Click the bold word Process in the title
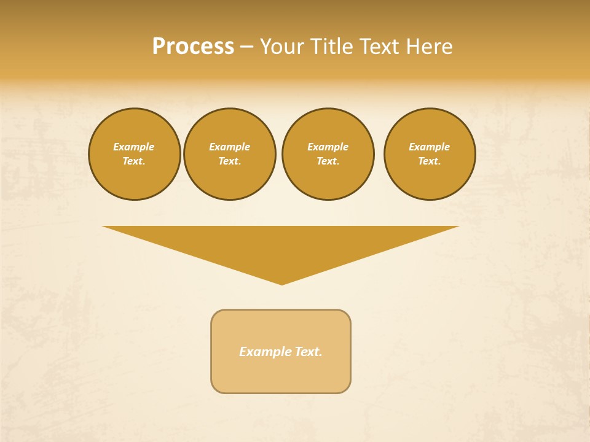(x=193, y=47)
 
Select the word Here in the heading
(x=429, y=47)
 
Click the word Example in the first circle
(x=134, y=147)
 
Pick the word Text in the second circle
(x=229, y=161)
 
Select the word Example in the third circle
(x=328, y=147)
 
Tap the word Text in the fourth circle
(x=429, y=161)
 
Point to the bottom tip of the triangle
(x=281, y=283)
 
